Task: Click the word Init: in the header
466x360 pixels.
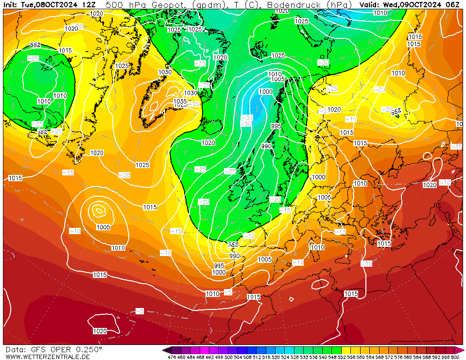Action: coord(11,4)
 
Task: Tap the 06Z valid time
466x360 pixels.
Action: coord(453,4)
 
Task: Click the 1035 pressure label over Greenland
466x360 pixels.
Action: coord(180,101)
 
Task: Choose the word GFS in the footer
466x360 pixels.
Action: coord(36,350)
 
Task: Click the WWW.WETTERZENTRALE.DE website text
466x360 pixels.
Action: coord(48,357)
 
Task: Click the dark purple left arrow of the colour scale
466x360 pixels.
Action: coord(166,350)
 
